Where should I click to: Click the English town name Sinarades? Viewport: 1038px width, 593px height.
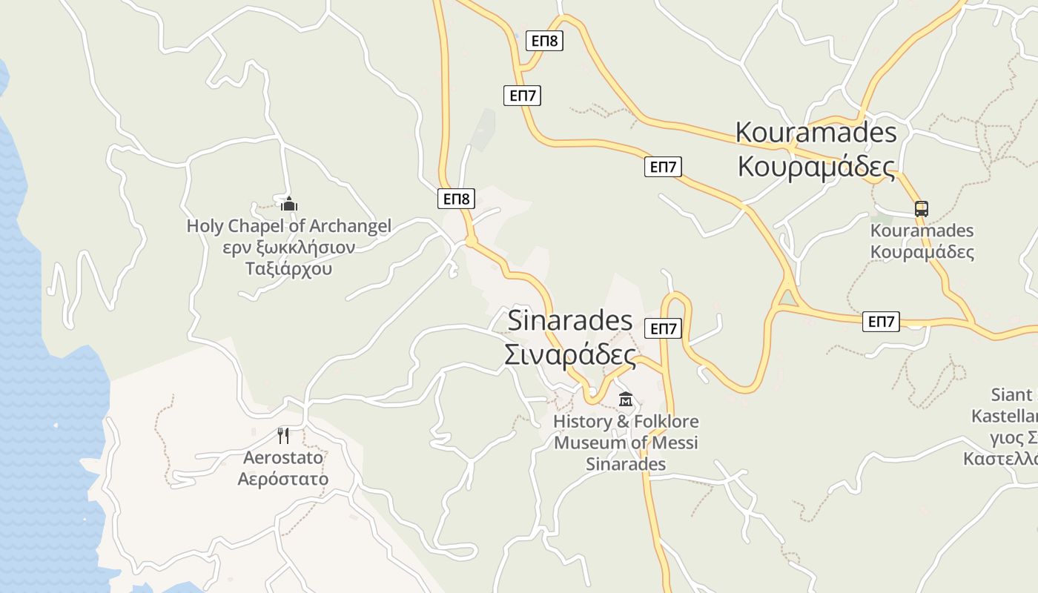[570, 320]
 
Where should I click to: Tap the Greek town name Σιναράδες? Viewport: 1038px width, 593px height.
[570, 354]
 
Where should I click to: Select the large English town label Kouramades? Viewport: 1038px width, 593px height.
[816, 133]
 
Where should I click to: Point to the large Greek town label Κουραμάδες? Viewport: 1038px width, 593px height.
[816, 167]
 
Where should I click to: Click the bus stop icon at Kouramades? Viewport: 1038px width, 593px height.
[921, 209]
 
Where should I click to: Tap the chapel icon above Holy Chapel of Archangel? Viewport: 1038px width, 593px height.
[289, 204]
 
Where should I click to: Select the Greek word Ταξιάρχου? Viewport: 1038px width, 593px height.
[289, 268]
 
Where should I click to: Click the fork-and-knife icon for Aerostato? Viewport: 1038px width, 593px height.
[283, 435]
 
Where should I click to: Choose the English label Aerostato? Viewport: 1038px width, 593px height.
[283, 457]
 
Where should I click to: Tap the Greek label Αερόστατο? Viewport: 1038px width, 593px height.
[283, 478]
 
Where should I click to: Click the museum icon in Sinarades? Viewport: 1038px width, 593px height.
[626, 400]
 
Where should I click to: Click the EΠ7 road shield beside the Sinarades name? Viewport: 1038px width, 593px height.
[664, 328]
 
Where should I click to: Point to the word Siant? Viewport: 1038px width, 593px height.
[1011, 395]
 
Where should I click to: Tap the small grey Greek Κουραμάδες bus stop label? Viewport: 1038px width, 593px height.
[922, 252]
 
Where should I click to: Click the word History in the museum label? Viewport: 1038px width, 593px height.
[583, 422]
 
